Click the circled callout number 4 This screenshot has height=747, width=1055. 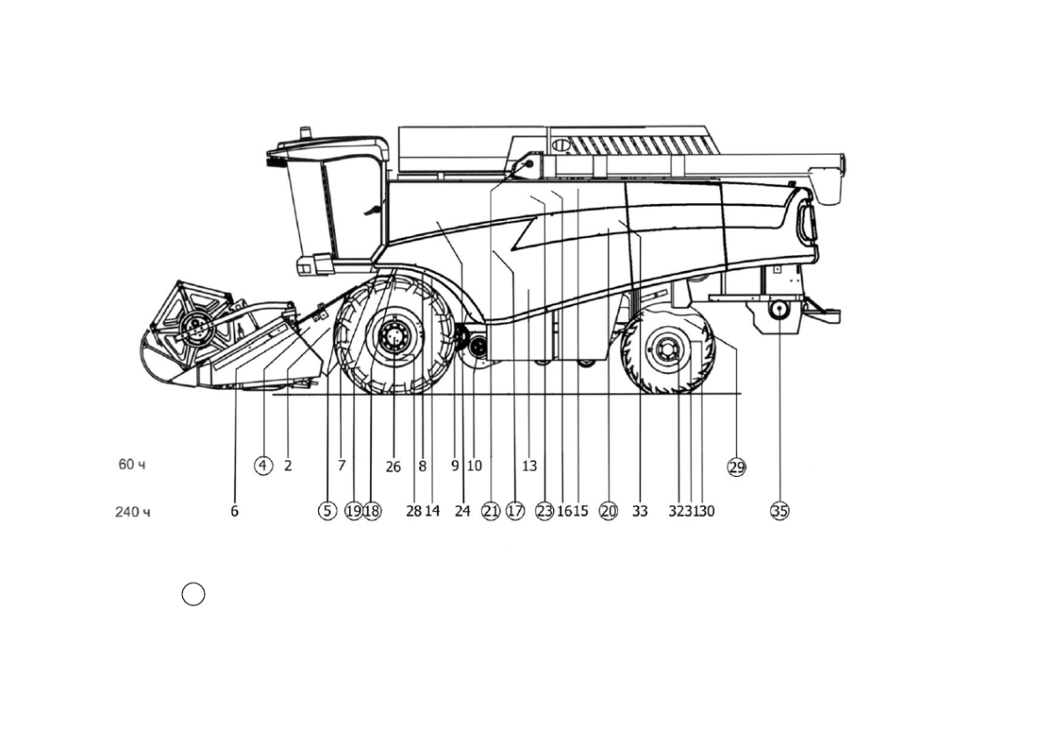[x=263, y=465]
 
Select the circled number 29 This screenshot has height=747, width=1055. [x=737, y=467]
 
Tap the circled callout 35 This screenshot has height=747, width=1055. [x=780, y=511]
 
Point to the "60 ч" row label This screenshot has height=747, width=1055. [x=132, y=465]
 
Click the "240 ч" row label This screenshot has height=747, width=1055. [x=133, y=512]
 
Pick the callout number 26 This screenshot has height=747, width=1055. [x=393, y=467]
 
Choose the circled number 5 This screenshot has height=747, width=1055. [x=327, y=511]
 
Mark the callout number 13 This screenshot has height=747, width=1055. [x=529, y=466]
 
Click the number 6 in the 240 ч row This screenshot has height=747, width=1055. [x=235, y=511]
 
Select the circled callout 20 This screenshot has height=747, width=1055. [x=608, y=511]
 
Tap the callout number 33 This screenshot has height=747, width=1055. [x=640, y=511]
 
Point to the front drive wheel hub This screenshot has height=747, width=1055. [x=393, y=335]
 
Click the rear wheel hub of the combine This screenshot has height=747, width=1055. [x=666, y=349]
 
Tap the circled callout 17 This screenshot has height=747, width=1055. [x=515, y=511]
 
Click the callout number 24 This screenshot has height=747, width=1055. [x=462, y=511]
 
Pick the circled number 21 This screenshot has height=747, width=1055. [x=491, y=511]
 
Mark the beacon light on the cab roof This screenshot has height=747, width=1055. [x=306, y=132]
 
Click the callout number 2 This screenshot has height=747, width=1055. [x=288, y=465]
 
